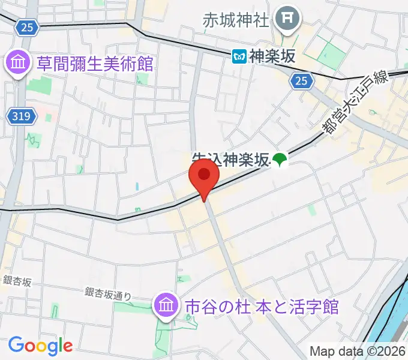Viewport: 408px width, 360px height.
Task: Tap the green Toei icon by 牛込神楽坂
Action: tap(280, 160)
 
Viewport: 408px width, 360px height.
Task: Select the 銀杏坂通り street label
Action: tap(108, 293)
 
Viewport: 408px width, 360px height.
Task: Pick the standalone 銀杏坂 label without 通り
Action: tap(17, 280)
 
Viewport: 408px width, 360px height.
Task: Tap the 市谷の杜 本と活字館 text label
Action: tap(262, 307)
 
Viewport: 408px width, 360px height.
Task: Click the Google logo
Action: tap(40, 346)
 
